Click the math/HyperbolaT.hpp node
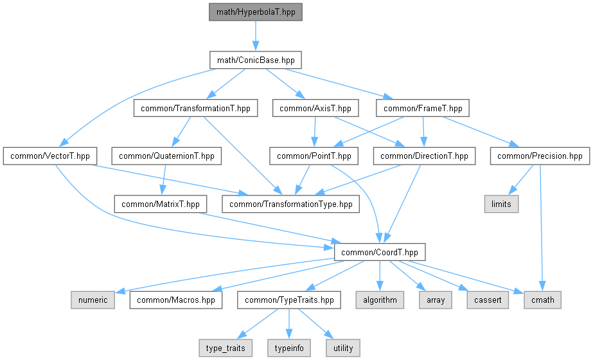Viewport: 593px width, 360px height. [256, 12]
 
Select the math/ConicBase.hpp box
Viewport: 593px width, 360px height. [256, 60]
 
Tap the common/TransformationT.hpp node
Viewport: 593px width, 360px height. [195, 108]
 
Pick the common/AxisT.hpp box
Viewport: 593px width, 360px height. [315, 108]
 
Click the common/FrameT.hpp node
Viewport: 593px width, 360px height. [423, 108]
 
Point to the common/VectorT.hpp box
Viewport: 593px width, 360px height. [50, 156]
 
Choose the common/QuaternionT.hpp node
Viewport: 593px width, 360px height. [166, 156]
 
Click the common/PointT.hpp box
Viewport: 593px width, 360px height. [314, 156]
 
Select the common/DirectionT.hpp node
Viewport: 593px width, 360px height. [424, 156]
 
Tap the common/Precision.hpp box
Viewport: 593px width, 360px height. [540, 156]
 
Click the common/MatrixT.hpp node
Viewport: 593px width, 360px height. [161, 204]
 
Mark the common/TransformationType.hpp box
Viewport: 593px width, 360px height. [291, 204]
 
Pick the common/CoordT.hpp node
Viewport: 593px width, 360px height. [380, 252]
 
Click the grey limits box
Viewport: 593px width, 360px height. [502, 204]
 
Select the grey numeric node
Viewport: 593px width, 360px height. [93, 300]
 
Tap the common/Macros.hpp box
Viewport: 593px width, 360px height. [176, 300]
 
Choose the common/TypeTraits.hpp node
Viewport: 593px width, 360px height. [289, 300]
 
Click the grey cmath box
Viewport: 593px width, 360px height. [543, 300]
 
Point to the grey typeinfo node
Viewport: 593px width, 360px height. [289, 348]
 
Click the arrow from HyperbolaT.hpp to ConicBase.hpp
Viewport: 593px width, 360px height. [256, 36]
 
